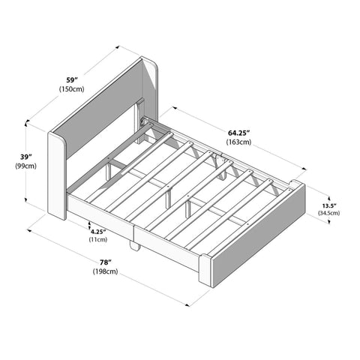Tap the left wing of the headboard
point(57,175)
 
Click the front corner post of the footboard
point(205,269)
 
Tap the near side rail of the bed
point(135,226)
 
